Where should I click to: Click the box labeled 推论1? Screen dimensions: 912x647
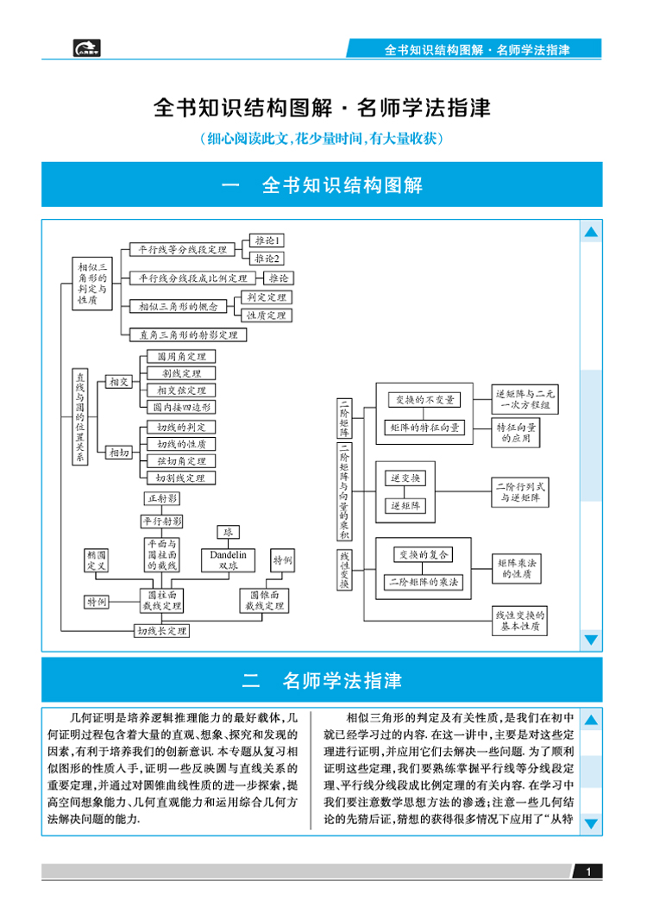[267, 240]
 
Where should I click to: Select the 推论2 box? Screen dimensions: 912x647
[267, 258]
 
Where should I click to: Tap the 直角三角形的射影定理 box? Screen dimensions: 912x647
[182, 334]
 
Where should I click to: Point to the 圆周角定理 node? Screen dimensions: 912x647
[180, 356]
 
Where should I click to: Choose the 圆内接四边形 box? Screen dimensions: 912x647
[180, 407]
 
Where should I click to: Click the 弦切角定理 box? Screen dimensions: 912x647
[180, 460]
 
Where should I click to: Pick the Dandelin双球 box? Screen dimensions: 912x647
[228, 560]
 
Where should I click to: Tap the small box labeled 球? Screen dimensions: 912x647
[228, 532]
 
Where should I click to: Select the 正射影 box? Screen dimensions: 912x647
[162, 499]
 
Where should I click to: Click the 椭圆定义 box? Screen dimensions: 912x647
[96, 560]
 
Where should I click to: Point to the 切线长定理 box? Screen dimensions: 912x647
[162, 630]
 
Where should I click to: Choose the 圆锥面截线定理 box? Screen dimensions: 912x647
[265, 601]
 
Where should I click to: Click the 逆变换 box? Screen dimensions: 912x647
[406, 478]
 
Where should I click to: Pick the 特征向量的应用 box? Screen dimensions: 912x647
[518, 433]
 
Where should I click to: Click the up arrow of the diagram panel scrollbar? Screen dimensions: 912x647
[591, 233]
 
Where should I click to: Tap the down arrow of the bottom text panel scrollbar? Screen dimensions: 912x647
[591, 824]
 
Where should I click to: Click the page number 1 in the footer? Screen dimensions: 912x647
[588, 872]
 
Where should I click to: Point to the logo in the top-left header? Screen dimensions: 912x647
[87, 48]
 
